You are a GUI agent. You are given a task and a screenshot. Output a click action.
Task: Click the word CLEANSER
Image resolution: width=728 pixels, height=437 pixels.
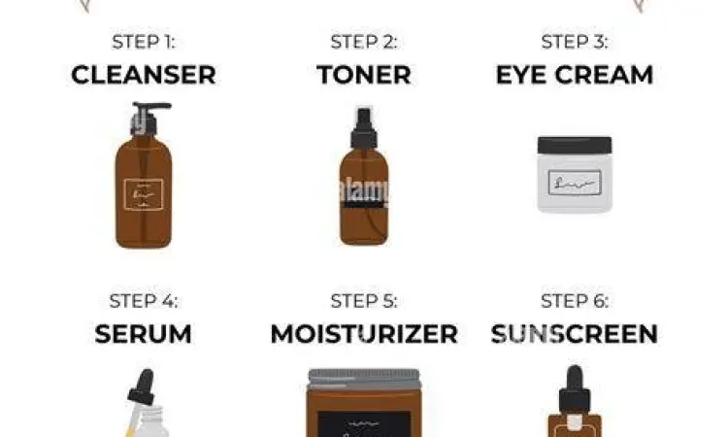144,75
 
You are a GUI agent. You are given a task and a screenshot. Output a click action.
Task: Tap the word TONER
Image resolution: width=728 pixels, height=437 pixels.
363,75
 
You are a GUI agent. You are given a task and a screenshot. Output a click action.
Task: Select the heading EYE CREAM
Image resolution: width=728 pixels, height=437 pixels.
575,75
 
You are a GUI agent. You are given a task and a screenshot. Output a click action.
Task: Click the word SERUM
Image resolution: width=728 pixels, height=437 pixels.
144,334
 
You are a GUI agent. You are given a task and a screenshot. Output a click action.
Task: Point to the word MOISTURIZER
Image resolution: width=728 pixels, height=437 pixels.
363,334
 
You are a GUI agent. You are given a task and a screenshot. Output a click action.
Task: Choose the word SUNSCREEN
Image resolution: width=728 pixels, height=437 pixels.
575,334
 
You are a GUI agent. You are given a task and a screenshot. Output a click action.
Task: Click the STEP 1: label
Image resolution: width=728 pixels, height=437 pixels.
144,42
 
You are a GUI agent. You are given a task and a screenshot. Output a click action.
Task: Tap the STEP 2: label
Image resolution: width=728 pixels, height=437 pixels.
363,42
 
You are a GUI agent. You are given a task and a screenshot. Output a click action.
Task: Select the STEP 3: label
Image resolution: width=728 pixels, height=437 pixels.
575,42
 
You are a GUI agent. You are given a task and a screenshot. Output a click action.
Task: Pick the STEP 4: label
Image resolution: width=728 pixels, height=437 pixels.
144,301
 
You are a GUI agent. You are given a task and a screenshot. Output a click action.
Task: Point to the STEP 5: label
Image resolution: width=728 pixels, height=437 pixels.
363,301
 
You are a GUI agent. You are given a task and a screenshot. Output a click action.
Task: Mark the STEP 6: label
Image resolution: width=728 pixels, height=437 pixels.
575,301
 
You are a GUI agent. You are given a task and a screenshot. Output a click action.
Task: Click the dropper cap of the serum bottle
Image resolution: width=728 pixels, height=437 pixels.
143,383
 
